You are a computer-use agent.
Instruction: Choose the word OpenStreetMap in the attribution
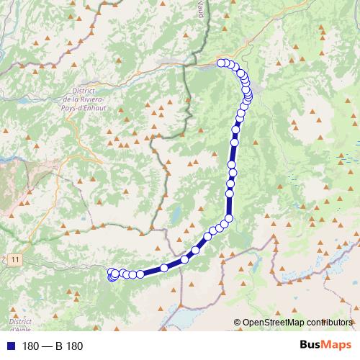tap(274, 323)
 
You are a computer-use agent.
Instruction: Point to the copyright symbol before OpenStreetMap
tap(237, 323)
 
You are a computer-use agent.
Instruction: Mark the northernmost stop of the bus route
tap(222, 63)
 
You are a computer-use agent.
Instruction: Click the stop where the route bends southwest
tap(229, 219)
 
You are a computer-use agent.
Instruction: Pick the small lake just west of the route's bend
tap(176, 213)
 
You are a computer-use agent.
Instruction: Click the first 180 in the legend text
tap(31, 346)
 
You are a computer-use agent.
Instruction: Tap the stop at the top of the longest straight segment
tap(235, 130)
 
